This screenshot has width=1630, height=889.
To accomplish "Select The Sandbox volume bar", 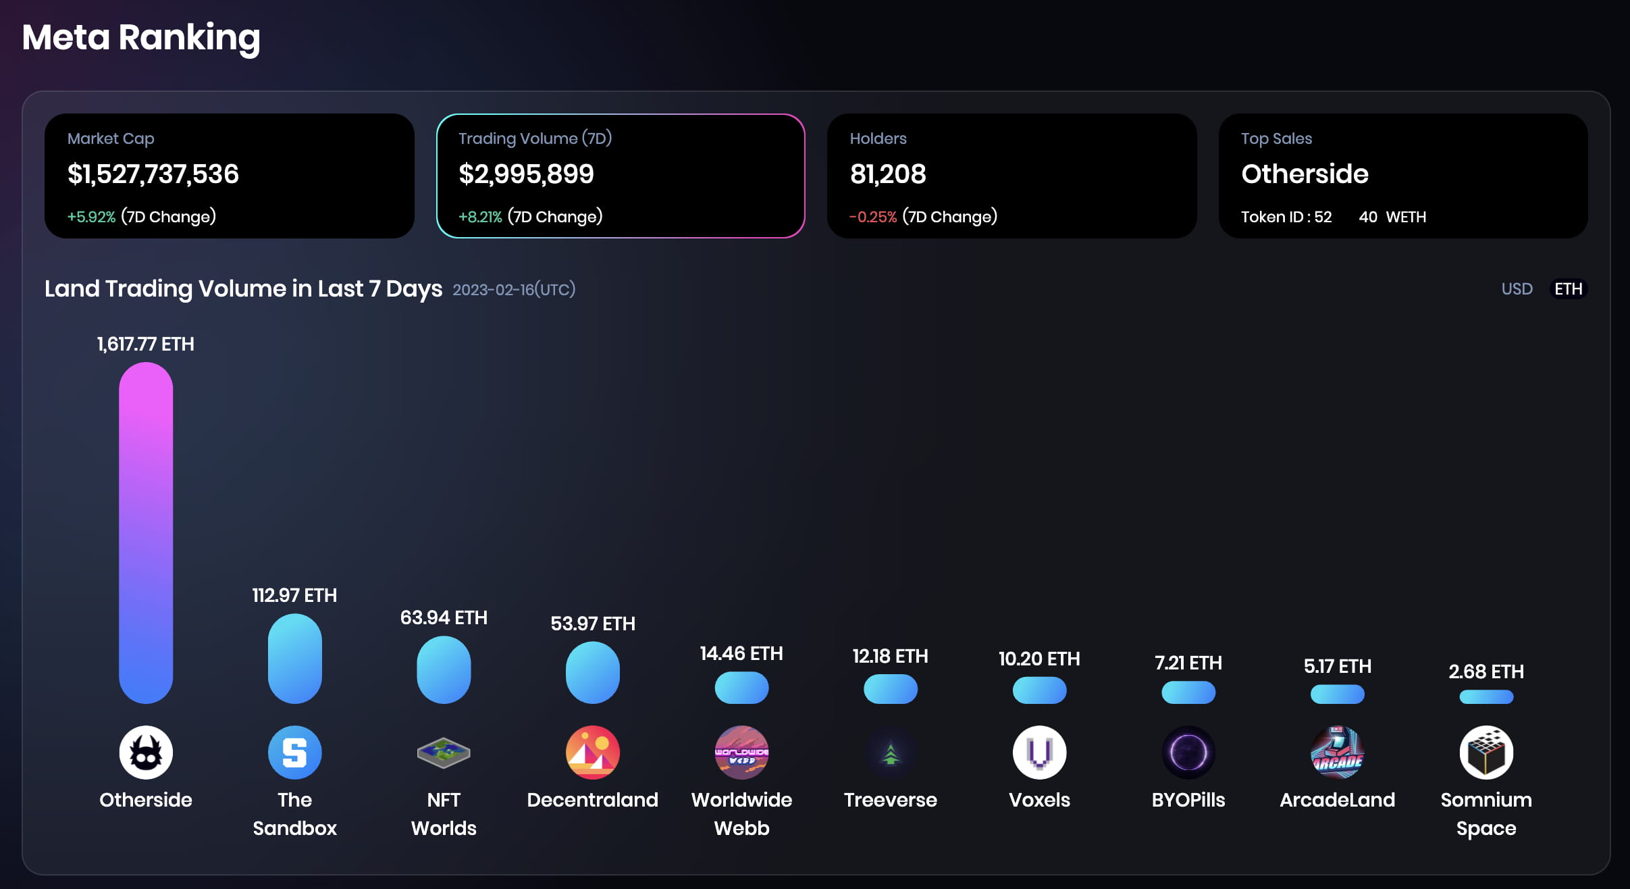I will coord(294,658).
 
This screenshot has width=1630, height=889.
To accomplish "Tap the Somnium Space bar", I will coord(1486,696).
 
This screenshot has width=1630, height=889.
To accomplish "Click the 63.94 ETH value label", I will coord(444,617).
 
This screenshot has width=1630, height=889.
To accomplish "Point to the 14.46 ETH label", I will coord(741,653).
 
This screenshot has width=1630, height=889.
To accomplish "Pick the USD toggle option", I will coord(1517,289).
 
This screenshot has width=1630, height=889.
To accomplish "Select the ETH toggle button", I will coord(1568,289).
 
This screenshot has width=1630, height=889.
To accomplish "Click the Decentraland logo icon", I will coord(592,753).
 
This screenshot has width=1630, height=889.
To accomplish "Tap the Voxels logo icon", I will coord(1039,753).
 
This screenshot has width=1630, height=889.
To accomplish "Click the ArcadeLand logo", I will coord(1337,753).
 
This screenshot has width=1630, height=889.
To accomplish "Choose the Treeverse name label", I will coord(890,800).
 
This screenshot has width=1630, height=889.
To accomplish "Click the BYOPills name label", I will coord(1188,800).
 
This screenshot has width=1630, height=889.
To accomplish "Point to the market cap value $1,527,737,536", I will coord(153,174).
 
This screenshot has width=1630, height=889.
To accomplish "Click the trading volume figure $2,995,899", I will coord(526,174).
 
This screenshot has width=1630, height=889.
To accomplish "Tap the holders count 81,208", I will coord(888,174).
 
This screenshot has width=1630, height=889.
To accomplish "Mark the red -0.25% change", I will coord(873,217).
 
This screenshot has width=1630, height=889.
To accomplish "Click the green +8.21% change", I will coord(480,217).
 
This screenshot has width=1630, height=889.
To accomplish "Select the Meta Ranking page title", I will coord(141,37).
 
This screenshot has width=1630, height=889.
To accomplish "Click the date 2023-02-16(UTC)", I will coord(514,290).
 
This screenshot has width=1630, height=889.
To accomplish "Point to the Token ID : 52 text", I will coord(1286,217).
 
